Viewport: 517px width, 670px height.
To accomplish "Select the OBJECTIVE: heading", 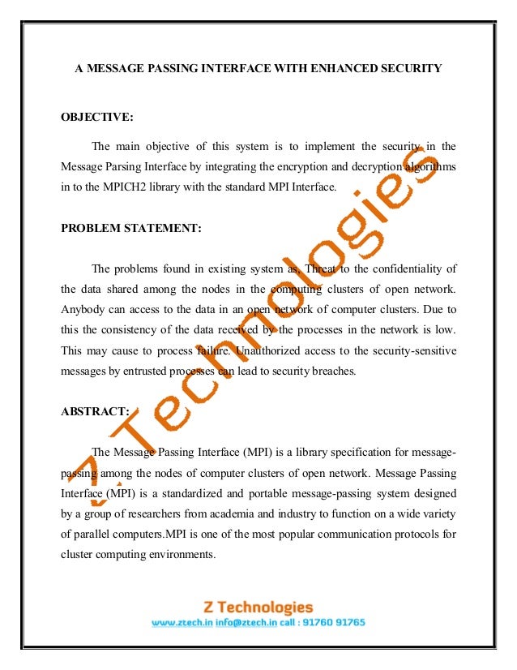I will point(97,118).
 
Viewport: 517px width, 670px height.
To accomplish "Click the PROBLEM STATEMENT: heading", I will point(131,229).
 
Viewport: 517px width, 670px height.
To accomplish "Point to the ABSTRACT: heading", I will point(95,410).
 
